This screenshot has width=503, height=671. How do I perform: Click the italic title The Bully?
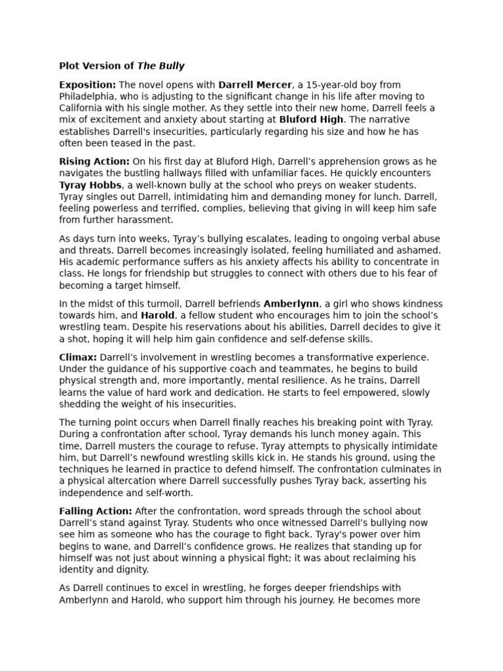(160, 66)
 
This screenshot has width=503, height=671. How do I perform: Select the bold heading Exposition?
(87, 85)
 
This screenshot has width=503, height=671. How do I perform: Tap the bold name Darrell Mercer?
(255, 85)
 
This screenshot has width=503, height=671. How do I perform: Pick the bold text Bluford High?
(311, 120)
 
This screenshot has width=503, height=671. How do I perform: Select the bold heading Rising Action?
(94, 161)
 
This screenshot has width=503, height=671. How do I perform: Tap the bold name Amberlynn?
(291, 304)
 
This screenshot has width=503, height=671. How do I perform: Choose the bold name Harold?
(157, 316)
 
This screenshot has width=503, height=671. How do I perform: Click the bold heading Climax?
(78, 357)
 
